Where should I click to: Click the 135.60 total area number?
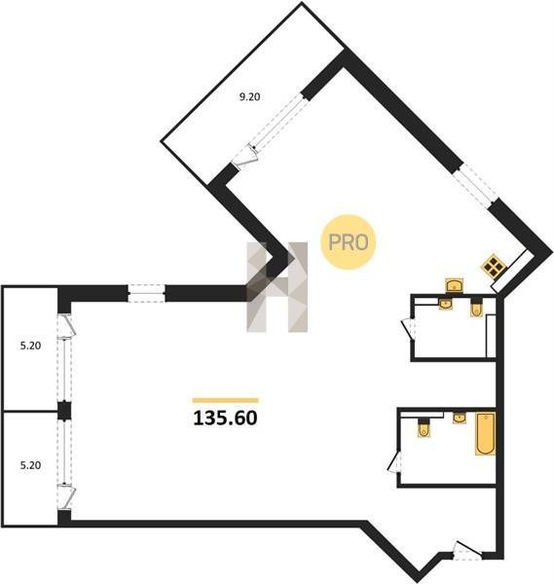point(225,418)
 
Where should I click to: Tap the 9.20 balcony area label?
point(249,96)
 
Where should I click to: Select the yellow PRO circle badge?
point(349,242)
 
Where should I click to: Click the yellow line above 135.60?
point(225,400)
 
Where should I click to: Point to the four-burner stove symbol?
point(494,266)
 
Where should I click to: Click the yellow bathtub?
point(486,433)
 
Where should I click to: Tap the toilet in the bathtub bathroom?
point(424,427)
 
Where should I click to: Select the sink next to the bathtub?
point(460,418)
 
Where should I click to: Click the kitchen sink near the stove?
point(455,285)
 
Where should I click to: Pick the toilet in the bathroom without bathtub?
point(476,308)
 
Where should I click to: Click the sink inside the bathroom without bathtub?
point(446,304)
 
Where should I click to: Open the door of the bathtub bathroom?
point(394,462)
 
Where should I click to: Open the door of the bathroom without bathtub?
point(408,329)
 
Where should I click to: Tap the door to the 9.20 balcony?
point(244,157)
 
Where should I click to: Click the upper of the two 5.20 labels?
point(30,346)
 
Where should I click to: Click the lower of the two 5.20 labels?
point(30,465)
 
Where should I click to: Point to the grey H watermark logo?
point(277,287)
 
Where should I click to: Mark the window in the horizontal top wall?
point(146,293)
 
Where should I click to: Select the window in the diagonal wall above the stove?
point(477,186)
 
